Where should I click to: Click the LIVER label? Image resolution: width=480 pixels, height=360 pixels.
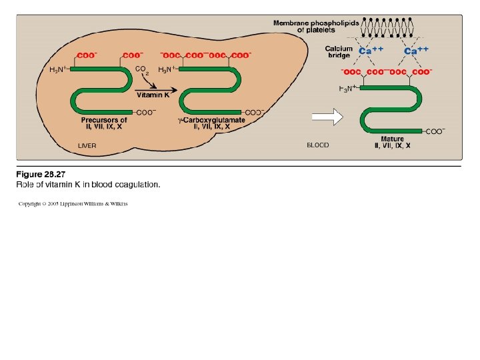coord(87,145)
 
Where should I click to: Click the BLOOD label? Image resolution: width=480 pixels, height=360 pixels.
coord(318,145)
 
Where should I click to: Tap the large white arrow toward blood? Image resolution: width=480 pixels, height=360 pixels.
coord(327,118)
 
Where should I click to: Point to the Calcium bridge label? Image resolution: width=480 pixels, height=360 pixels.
coord(339,52)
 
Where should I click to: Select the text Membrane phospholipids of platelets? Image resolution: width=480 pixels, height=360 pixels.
coord(316,27)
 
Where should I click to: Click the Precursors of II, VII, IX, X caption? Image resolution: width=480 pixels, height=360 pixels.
coord(105,123)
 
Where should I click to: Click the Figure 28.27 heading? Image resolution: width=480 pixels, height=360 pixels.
coord(41,175)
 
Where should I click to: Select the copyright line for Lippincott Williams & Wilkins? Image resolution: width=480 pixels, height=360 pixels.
coord(73,203)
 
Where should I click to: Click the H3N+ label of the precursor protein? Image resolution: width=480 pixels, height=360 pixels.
coord(58,69)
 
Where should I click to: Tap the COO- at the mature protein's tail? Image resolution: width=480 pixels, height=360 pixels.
coord(435,131)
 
